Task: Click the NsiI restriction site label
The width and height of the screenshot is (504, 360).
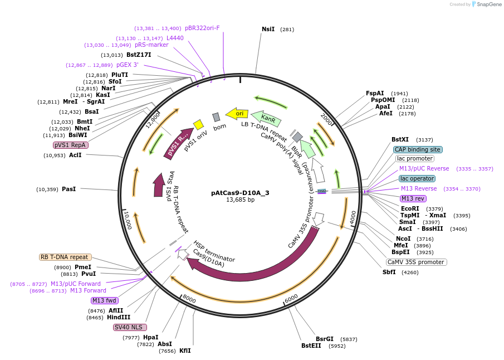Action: pos(268,29)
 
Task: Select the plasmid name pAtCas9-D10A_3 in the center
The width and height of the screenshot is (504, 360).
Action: pos(240,193)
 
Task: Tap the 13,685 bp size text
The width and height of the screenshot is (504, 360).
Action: pos(240,200)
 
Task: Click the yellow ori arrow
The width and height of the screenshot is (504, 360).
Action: pos(237,114)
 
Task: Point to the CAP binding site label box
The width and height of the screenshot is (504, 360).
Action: pos(418,149)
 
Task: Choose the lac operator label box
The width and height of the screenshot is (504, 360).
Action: pos(417,178)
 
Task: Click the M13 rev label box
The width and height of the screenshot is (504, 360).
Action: pos(413,198)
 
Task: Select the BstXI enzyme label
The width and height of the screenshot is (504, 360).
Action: pos(400,140)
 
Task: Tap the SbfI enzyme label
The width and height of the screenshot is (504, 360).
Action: pos(389,272)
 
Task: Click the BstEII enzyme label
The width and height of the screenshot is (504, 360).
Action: pos(311,346)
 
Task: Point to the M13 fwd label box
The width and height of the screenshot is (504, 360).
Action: pos(105,300)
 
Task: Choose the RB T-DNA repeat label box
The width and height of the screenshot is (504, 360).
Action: pos(65,257)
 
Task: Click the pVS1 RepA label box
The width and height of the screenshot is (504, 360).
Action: pos(71,145)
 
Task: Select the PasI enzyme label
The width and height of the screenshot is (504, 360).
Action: pos(68,189)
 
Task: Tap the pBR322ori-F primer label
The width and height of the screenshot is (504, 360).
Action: pos(202,28)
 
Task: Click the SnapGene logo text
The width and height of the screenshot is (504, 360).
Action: pos(489,4)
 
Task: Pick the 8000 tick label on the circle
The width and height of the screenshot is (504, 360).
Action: pos(189,300)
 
